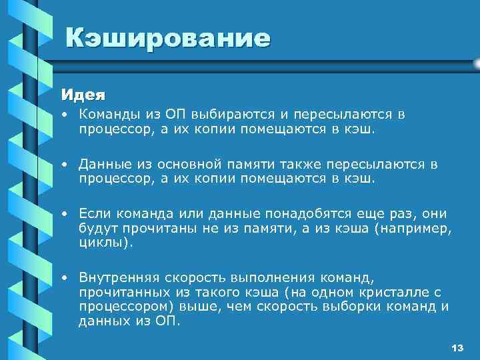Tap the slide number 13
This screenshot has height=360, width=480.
[x=457, y=349]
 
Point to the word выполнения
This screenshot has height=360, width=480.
[x=266, y=277]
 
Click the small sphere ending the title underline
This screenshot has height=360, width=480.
[x=475, y=63]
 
